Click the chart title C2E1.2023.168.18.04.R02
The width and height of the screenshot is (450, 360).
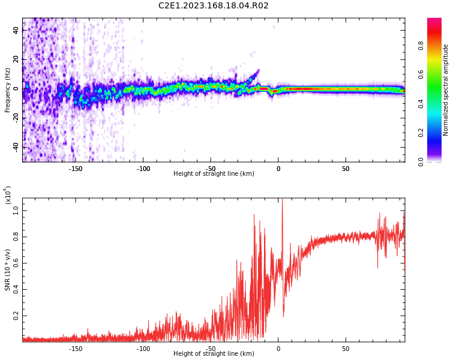213,6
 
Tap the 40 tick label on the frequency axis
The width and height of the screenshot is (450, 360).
16,31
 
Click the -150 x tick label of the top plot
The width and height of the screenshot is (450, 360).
76,169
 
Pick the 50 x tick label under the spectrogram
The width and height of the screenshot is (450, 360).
346,169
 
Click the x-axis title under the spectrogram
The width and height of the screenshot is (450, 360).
214,174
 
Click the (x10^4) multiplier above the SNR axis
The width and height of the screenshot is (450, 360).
8,196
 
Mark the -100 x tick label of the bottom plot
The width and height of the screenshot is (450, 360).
143,349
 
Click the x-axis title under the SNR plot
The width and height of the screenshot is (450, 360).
214,354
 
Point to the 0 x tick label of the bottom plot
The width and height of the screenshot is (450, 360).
278,349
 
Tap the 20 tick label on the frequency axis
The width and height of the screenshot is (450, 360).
16,59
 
